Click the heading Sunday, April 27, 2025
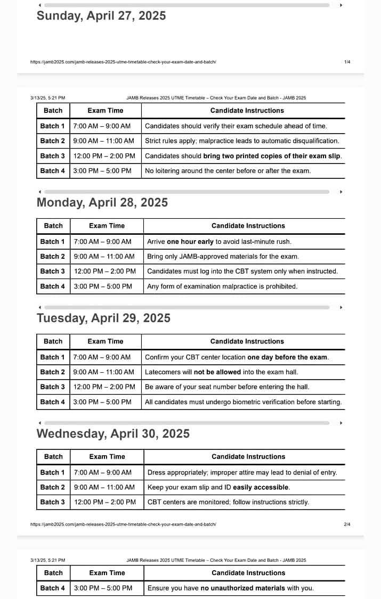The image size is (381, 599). (x=101, y=16)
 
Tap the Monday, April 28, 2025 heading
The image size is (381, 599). (x=102, y=203)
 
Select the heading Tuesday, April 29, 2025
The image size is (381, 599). (x=103, y=318)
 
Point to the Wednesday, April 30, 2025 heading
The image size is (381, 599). (x=113, y=434)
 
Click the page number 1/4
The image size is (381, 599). (x=347, y=62)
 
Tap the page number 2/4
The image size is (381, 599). (x=347, y=524)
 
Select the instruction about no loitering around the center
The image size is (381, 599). (x=228, y=171)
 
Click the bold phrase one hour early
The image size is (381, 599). (x=190, y=242)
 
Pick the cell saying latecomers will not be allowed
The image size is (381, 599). (x=221, y=372)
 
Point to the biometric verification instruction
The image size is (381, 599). (x=243, y=403)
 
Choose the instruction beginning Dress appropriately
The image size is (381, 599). (x=242, y=473)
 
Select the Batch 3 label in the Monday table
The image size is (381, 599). (x=53, y=272)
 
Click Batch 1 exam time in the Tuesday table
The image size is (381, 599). (x=102, y=357)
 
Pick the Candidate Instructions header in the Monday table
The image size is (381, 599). (x=248, y=226)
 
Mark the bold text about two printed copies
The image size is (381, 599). (x=272, y=156)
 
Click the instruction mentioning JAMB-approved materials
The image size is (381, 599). (x=223, y=257)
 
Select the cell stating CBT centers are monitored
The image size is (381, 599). (x=228, y=502)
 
